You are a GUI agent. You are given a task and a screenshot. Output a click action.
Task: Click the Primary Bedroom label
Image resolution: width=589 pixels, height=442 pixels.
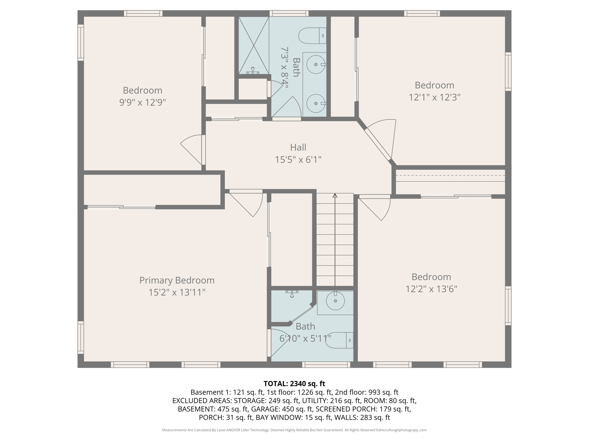pyautogui.click(x=177, y=280)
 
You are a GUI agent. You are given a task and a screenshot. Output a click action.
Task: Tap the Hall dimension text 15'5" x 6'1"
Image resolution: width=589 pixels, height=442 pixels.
pyautogui.click(x=298, y=159)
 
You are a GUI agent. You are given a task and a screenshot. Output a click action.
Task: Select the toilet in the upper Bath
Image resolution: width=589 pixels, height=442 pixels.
pyautogui.click(x=312, y=36)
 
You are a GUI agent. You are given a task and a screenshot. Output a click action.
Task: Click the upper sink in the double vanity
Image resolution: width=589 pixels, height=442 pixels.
pyautogui.click(x=316, y=64)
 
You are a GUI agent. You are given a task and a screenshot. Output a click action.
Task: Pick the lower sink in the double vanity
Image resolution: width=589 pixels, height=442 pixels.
pyautogui.click(x=316, y=103)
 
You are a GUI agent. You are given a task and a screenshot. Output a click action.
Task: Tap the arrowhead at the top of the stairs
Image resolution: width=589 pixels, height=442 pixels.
pyautogui.click(x=335, y=196)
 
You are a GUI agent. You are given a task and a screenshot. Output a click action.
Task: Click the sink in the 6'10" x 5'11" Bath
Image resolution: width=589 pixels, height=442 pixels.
pyautogui.click(x=335, y=301)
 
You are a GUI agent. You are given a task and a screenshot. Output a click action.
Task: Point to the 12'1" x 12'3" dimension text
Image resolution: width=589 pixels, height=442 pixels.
pyautogui.click(x=434, y=97)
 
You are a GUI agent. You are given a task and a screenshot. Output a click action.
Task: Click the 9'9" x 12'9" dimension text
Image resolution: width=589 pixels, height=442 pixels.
pyautogui.click(x=143, y=102)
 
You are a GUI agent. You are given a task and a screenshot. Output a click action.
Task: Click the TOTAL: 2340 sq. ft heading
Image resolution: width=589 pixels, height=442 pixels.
pyautogui.click(x=294, y=384)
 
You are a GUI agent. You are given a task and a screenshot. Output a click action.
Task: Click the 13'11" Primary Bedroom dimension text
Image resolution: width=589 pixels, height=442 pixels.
pyautogui.click(x=177, y=292)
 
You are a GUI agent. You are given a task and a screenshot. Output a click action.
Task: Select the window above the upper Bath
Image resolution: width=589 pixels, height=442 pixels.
pyautogui.click(x=289, y=13)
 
